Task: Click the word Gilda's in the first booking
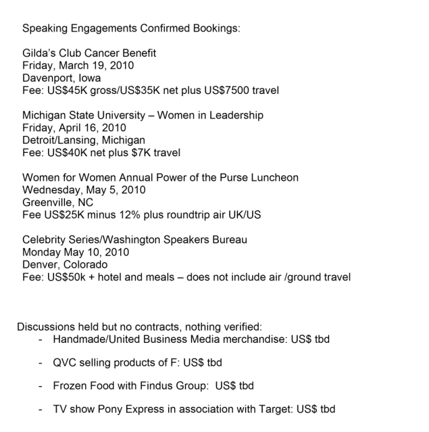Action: tap(40, 53)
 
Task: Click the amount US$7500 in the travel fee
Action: tap(238, 91)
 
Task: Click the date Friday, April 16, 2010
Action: tap(74, 128)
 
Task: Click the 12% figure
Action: tap(124, 215)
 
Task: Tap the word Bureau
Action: tap(228, 240)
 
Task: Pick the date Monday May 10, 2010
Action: tap(76, 252)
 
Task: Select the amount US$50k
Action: tap(68, 277)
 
